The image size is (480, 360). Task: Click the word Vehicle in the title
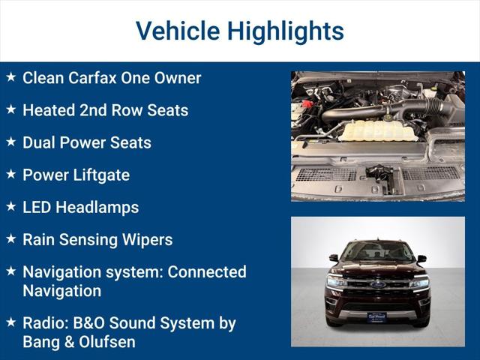[x=176, y=31]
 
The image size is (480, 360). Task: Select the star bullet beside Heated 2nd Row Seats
[x=10, y=109]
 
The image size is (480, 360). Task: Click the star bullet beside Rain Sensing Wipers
[x=10, y=239]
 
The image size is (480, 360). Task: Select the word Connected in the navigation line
[x=206, y=271]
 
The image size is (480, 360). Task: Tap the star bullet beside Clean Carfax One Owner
[x=10, y=77]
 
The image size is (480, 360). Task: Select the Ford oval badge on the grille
[x=378, y=285]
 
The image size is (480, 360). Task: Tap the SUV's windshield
[x=378, y=252]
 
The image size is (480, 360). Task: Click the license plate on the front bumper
[x=377, y=317]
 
